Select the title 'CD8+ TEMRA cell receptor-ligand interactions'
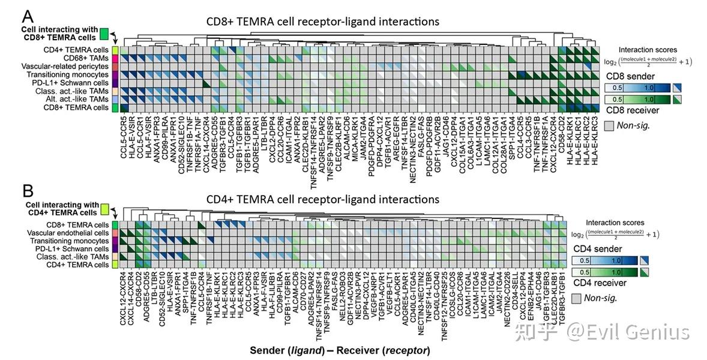tap(323, 22)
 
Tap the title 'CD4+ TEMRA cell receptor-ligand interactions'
tap(323, 199)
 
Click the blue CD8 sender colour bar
tap(637, 88)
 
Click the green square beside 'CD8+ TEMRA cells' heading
tap(104, 34)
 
